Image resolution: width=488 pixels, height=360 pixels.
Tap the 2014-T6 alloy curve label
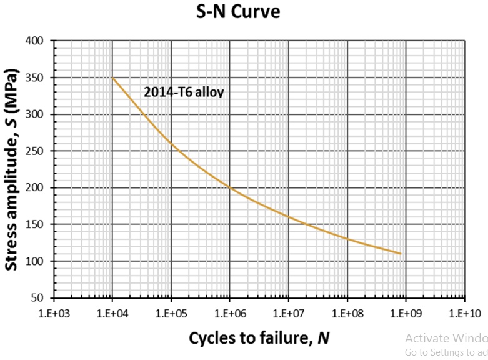(184, 92)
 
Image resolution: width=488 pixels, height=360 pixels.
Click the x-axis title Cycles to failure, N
(259, 338)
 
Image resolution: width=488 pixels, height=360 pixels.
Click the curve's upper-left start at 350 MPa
(112, 78)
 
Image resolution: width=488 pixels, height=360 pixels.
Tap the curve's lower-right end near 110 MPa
(401, 254)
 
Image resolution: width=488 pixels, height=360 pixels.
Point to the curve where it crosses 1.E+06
(229, 188)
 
